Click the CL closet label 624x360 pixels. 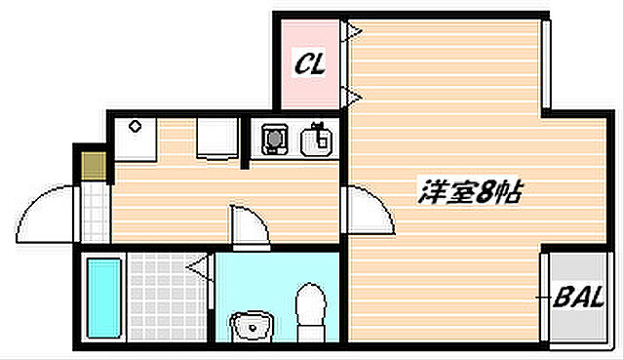(311, 65)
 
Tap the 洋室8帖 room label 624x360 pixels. (471, 191)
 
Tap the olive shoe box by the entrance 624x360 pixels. (93, 163)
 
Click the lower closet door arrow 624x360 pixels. (353, 95)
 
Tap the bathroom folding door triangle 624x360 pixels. (202, 265)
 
